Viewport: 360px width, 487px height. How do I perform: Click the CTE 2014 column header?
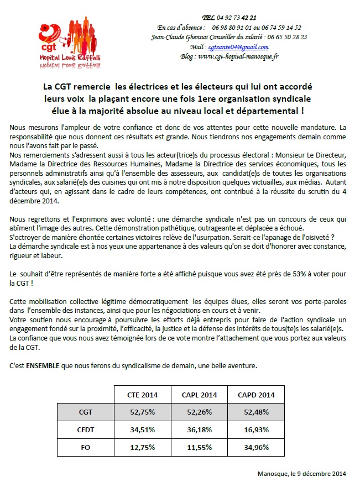tap(142, 394)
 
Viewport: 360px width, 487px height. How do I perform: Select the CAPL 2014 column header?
tap(199, 394)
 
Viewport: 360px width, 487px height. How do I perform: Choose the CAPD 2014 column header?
tap(255, 394)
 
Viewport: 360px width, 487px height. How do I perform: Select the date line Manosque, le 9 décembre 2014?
tap(301, 474)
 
